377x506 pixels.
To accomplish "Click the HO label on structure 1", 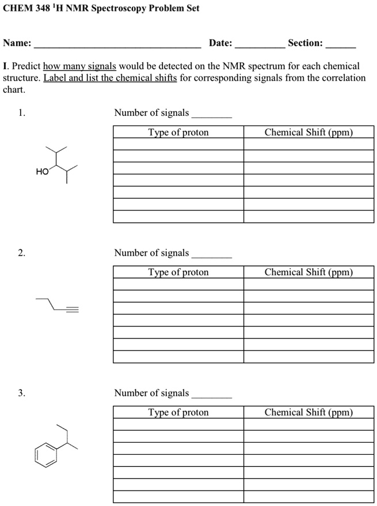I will click(42, 172).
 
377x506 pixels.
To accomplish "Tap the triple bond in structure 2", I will click(72, 311).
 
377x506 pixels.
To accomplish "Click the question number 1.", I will click(21, 113).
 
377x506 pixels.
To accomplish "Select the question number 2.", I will click(21, 253).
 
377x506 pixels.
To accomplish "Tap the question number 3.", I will click(21, 393).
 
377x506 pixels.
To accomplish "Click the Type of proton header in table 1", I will click(178, 132).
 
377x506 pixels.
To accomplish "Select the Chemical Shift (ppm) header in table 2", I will click(309, 272).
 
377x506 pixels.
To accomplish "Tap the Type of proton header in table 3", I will click(178, 412).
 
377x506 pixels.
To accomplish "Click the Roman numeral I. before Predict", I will click(5, 66).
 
